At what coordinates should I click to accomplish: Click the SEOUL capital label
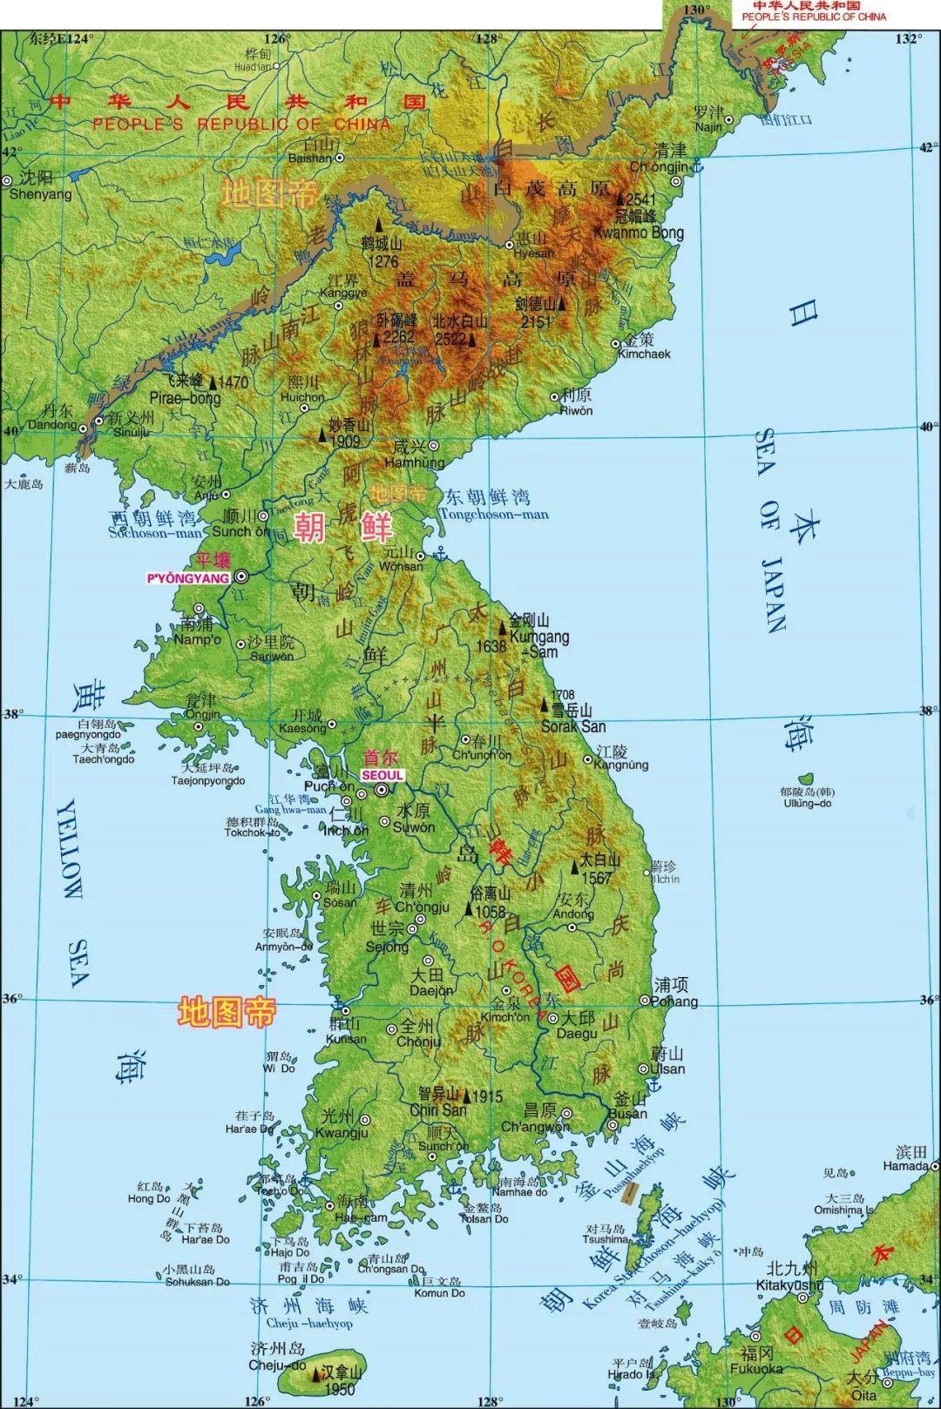point(382,774)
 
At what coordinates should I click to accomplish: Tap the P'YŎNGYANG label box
point(188,577)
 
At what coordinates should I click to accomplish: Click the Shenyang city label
point(40,194)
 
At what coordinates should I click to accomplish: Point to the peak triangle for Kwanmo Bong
point(619,199)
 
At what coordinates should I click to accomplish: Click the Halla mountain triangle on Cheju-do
point(315,1374)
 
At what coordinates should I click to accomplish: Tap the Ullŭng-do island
point(806,777)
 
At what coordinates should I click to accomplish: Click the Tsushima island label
point(606,1238)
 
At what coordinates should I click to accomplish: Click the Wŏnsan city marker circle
point(420,555)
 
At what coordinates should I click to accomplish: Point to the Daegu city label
point(578,1033)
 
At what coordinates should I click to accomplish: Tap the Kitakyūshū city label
point(789,1284)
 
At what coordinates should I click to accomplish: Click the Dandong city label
point(52,424)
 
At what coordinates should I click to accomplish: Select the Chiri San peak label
point(438,1109)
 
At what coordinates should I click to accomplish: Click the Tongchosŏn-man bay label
point(494,514)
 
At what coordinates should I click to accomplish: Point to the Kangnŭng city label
point(621,765)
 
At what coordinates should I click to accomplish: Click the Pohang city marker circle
point(646,1001)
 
